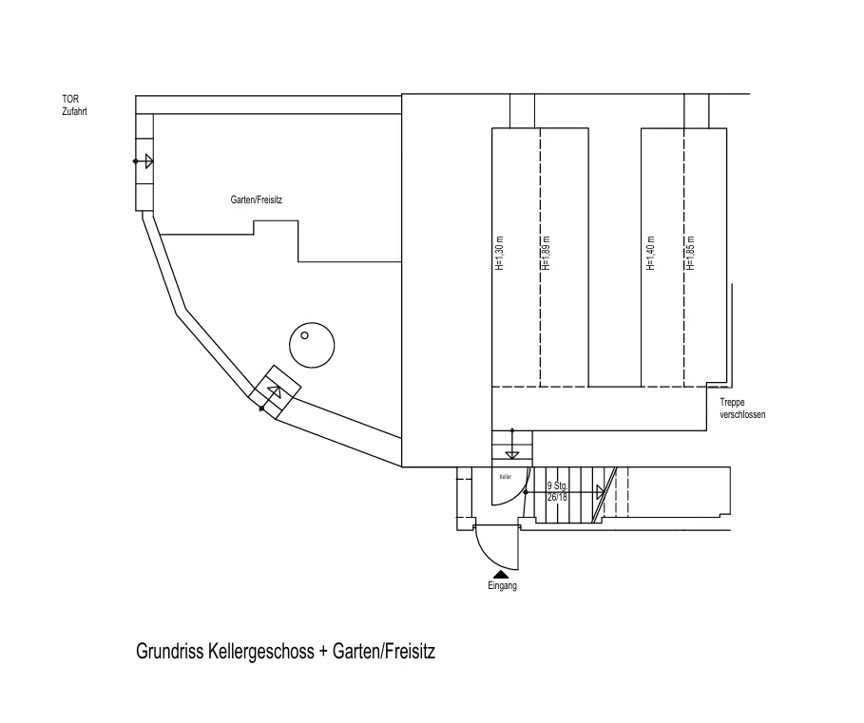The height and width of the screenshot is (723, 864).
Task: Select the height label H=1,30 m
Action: click(499, 254)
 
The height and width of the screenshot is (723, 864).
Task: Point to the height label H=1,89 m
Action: click(545, 254)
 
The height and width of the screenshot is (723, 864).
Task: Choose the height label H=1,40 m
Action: click(650, 254)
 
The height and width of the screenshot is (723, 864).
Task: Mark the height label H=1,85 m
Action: click(691, 254)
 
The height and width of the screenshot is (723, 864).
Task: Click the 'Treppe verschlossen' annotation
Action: click(736, 409)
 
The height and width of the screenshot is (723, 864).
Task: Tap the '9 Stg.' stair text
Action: click(557, 486)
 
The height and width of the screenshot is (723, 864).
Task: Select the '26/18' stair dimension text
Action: click(558, 497)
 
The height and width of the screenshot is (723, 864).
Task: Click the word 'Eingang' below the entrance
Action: click(501, 586)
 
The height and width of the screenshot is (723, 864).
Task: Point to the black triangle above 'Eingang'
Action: click(501, 574)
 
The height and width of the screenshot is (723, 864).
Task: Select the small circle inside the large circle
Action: click(305, 334)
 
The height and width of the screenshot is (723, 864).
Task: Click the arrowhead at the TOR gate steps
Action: click(148, 162)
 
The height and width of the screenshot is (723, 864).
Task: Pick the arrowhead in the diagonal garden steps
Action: click(274, 390)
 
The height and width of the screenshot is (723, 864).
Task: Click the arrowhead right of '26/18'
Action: click(600, 492)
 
